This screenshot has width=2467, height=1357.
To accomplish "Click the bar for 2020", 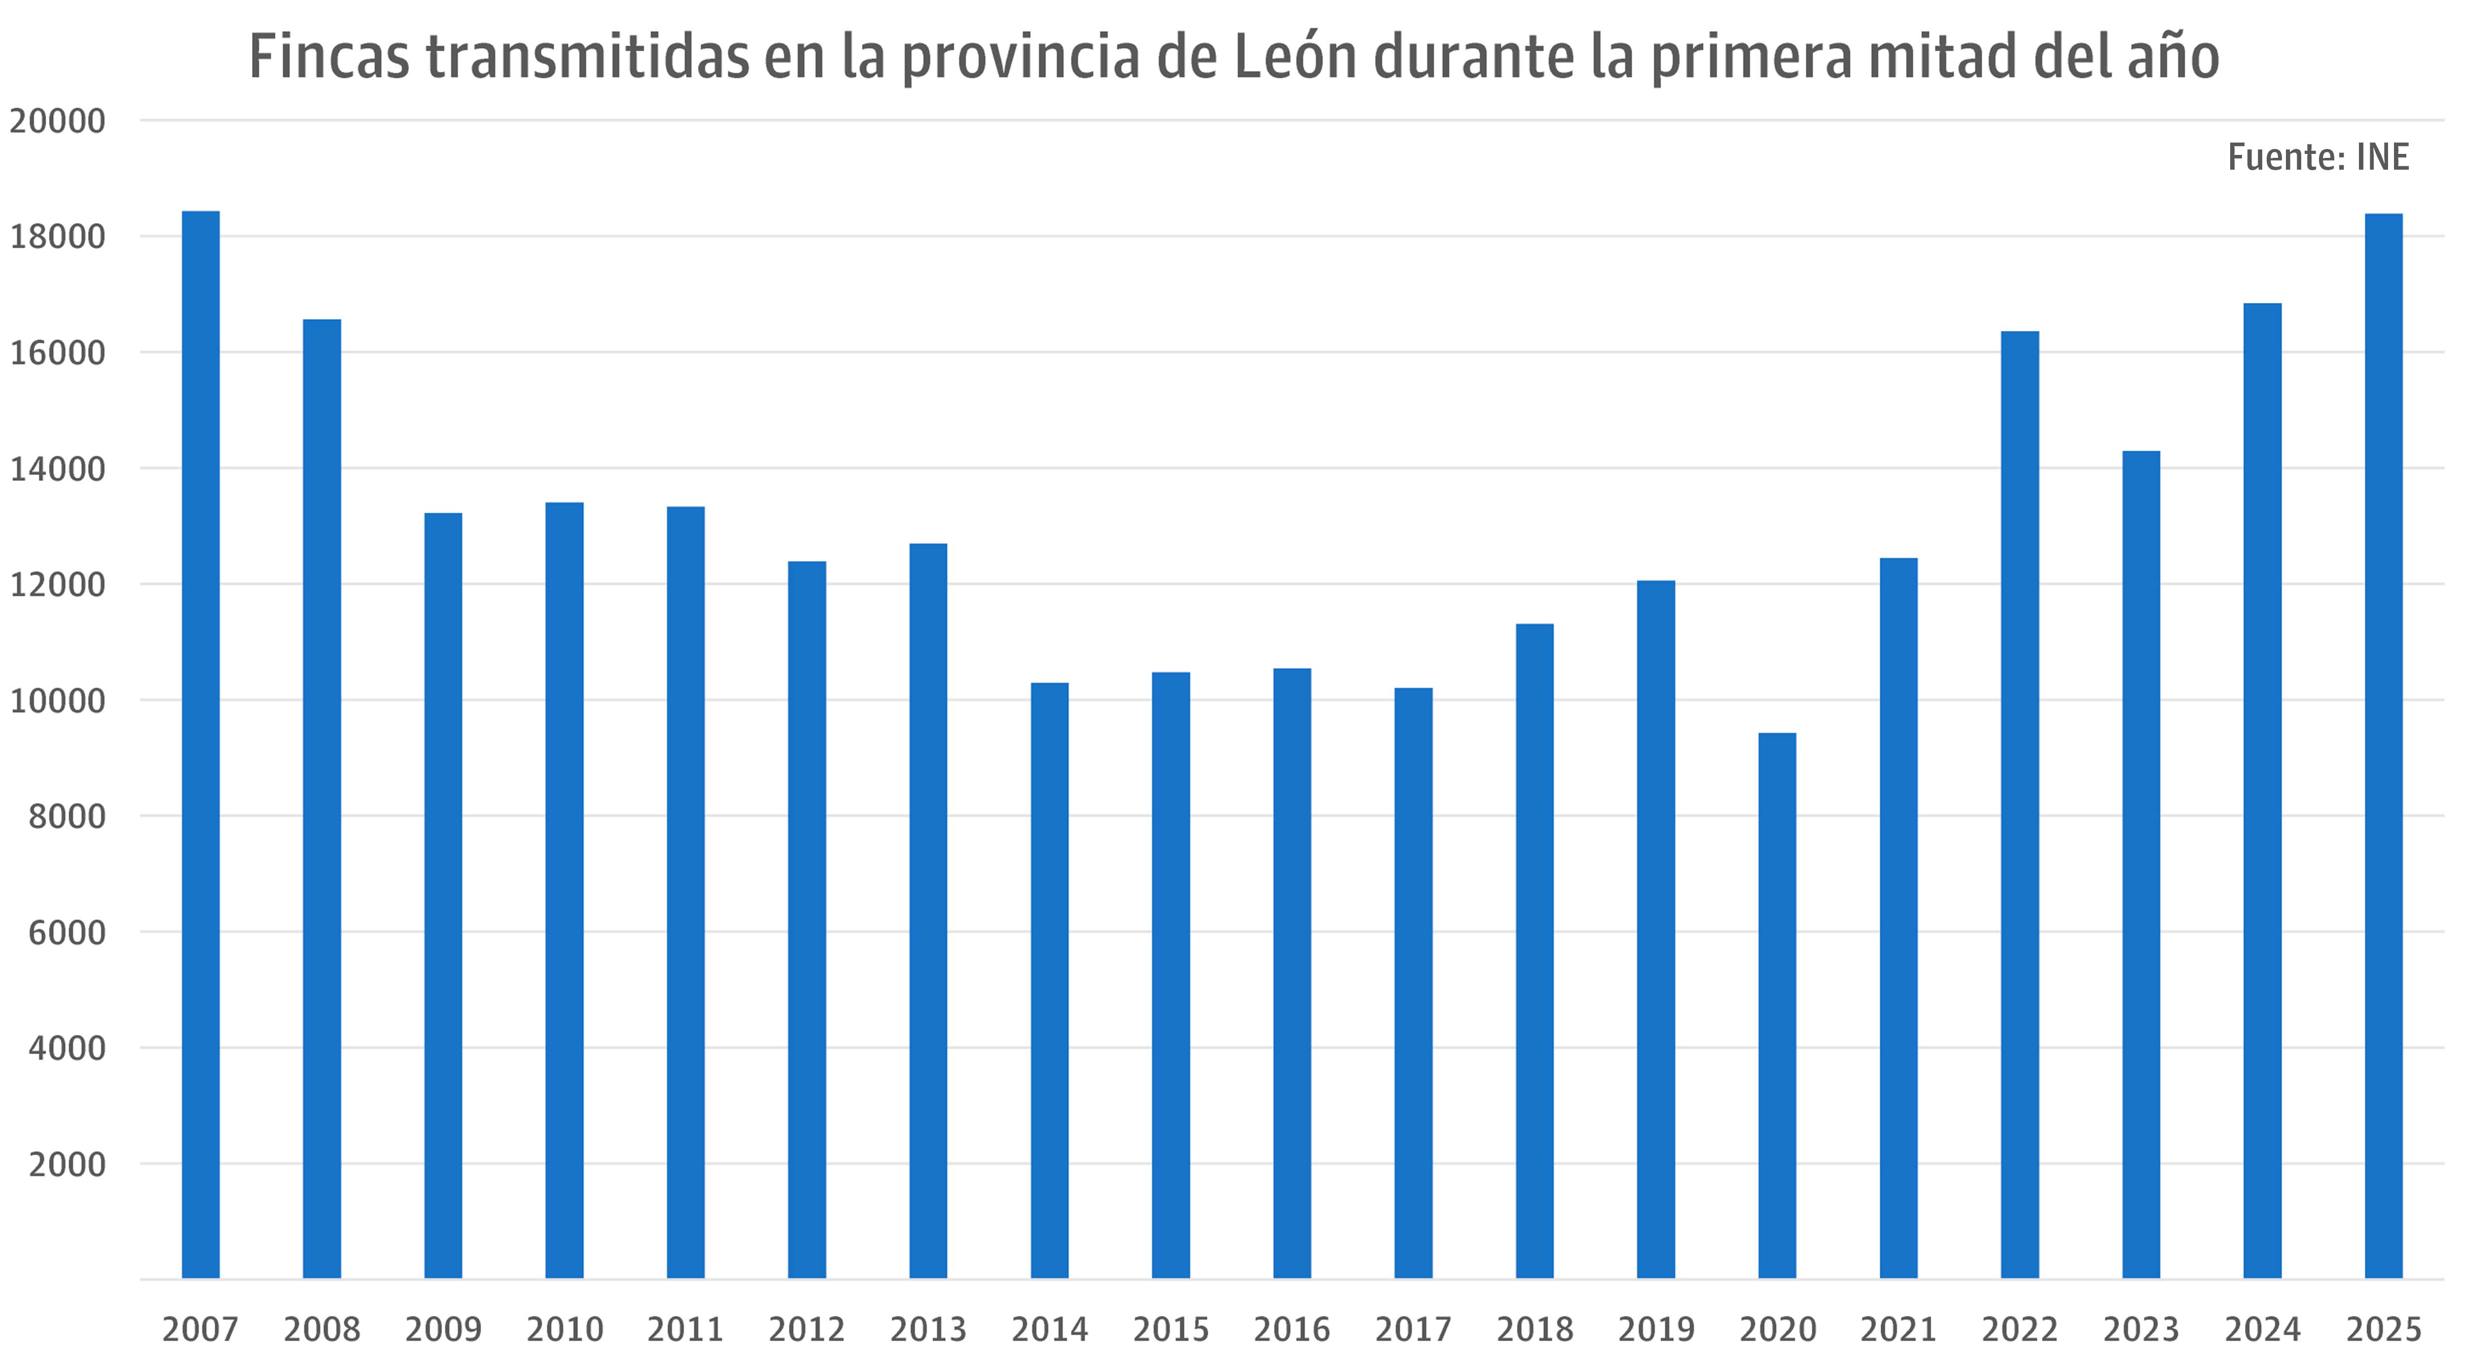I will pos(1777,1005).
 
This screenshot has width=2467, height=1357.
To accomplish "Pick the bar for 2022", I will pos(2020,805).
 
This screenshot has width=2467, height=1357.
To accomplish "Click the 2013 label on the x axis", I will pos(928,1329).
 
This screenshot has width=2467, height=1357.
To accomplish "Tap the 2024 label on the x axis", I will pos(2262,1329).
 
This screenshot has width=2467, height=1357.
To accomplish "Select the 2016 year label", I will pos(1292,1329).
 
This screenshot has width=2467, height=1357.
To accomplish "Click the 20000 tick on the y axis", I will pos(57,122).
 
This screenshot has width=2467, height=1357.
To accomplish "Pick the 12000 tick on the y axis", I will pos(57,585).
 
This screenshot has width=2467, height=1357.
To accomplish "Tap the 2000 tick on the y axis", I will pos(67,1165).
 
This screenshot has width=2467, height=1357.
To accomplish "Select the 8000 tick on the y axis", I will pos(67,817).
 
